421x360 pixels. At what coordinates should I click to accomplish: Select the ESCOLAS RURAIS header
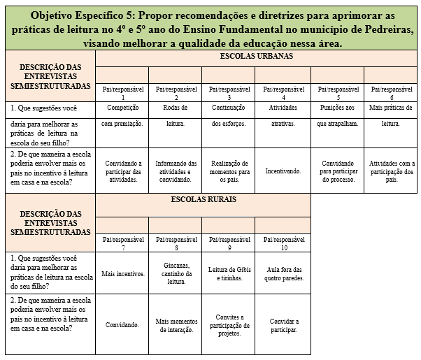click(204, 199)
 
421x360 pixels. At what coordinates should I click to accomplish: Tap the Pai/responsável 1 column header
click(122, 92)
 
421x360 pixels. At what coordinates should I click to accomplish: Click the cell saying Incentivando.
click(283, 170)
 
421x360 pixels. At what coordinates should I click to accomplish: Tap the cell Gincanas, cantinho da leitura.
click(175, 273)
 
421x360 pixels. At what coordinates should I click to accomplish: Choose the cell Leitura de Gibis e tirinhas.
click(229, 273)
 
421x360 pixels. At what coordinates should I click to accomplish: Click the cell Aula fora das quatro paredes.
click(283, 273)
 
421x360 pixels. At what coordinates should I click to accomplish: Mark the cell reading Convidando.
click(122, 325)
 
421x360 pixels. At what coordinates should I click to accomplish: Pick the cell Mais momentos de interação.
click(175, 325)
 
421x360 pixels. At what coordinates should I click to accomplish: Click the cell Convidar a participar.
click(283, 325)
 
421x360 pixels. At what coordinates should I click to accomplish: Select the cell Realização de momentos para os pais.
click(229, 170)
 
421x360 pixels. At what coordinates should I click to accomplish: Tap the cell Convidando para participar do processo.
click(337, 170)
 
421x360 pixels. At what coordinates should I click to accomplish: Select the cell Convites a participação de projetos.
click(229, 325)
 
